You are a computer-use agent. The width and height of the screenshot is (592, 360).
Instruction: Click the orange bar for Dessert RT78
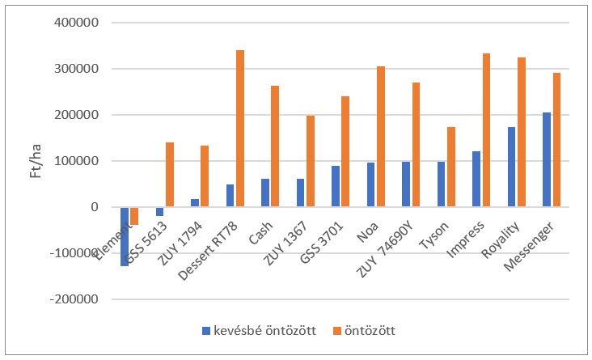(240, 129)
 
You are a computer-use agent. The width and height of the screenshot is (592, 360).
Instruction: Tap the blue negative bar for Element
(125, 236)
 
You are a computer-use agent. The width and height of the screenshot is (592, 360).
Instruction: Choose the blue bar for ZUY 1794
(194, 203)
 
